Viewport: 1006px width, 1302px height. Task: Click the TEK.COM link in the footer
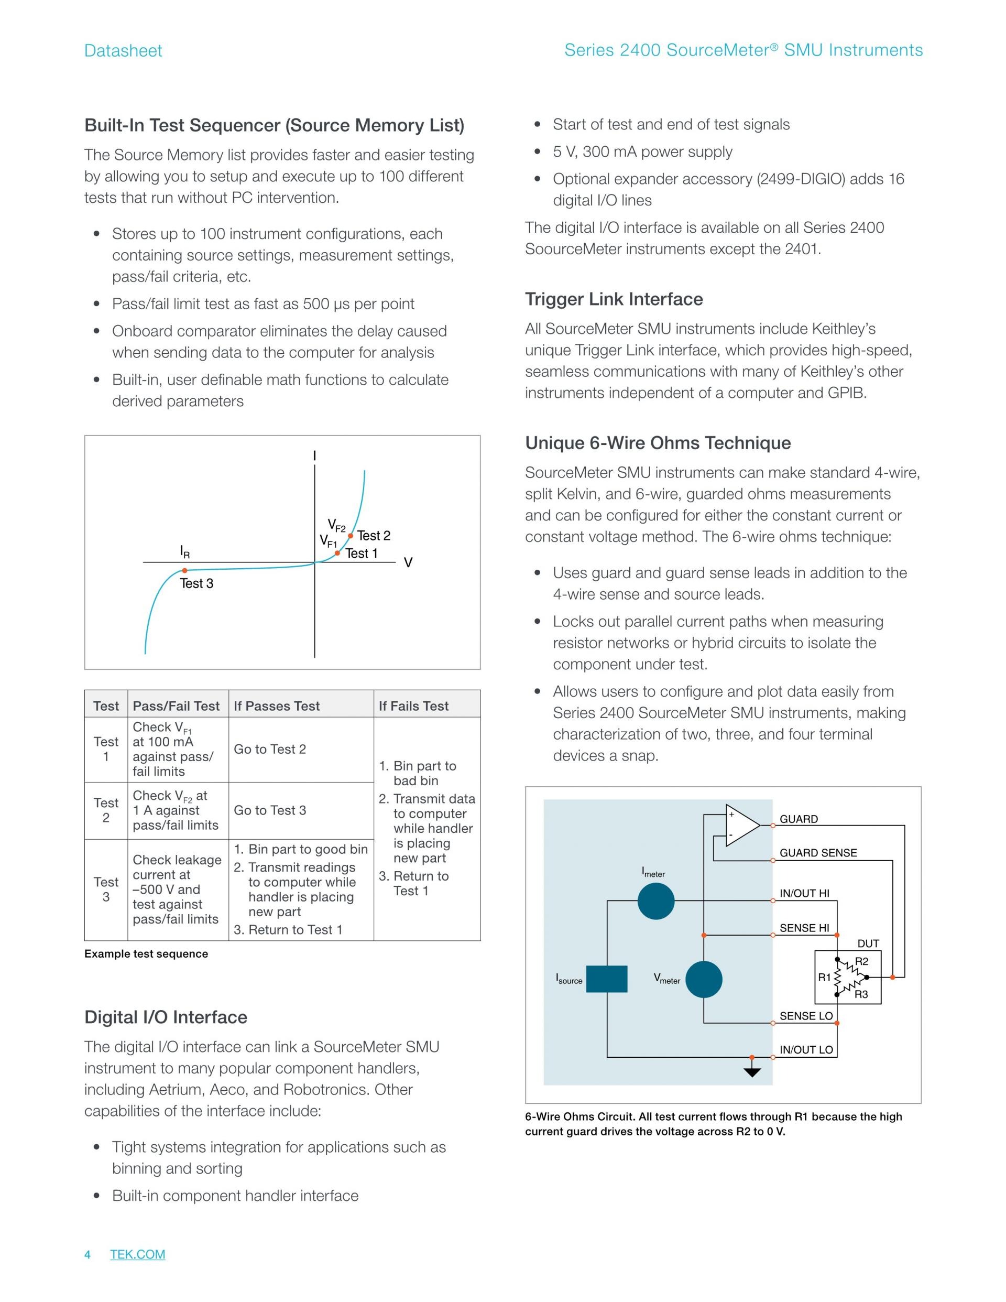pos(138,1254)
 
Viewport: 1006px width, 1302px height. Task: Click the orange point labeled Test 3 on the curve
pos(185,570)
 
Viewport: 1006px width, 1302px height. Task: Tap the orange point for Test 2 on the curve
pos(351,535)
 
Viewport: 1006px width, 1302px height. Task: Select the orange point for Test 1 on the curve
pos(337,553)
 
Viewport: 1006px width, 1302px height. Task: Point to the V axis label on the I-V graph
pos(408,563)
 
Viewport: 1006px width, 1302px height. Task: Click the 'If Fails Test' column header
pos(413,706)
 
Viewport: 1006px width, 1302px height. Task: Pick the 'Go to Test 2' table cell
pos(270,750)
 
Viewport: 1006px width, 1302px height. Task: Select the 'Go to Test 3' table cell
pos(270,810)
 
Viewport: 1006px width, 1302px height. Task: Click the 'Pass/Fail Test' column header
pos(177,706)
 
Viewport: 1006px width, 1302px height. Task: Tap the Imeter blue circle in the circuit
pos(655,901)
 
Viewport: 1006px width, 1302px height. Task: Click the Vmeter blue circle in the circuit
pos(703,980)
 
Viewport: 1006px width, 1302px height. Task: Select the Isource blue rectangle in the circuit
pos(607,979)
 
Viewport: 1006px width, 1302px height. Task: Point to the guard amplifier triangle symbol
pos(741,825)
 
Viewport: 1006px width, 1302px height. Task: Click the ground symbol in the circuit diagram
pos(752,1072)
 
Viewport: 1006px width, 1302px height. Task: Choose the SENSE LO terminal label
pos(806,1016)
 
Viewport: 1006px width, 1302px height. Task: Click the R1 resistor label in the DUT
pos(824,977)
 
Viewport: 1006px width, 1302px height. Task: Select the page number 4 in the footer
pos(88,1254)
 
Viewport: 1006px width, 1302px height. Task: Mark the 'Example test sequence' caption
pos(146,954)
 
